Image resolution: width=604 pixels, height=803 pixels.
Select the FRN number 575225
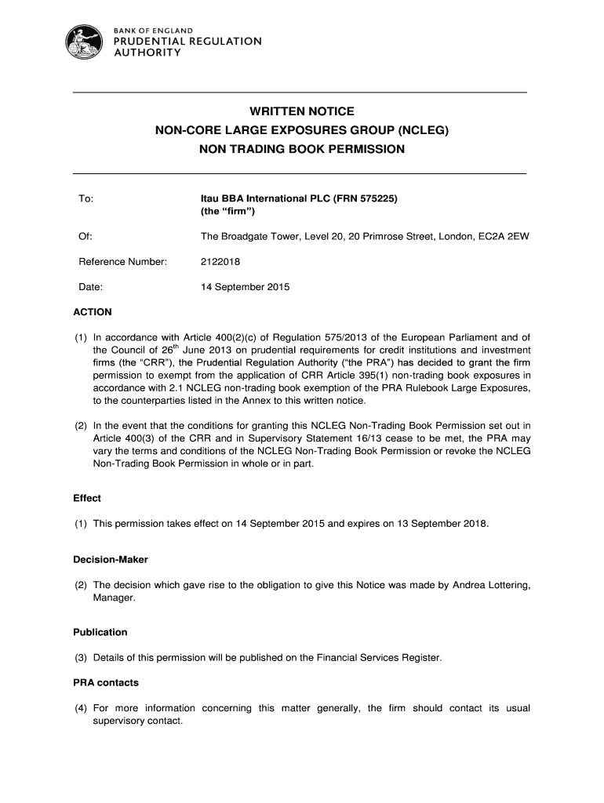(x=373, y=199)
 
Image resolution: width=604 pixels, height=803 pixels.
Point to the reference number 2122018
(x=220, y=261)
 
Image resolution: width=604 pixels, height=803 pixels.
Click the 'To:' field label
(x=86, y=199)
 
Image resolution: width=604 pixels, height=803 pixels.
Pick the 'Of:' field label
(x=86, y=236)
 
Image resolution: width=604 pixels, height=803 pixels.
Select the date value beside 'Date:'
(x=246, y=287)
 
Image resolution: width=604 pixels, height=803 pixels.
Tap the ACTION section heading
(x=93, y=312)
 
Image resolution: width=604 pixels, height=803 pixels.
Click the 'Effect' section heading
(x=87, y=498)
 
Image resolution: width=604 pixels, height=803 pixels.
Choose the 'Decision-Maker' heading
(x=111, y=560)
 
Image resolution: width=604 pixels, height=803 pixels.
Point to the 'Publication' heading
(x=100, y=632)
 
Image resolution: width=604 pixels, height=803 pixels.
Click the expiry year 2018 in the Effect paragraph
(x=474, y=523)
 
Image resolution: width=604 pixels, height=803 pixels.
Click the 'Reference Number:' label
(x=123, y=261)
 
